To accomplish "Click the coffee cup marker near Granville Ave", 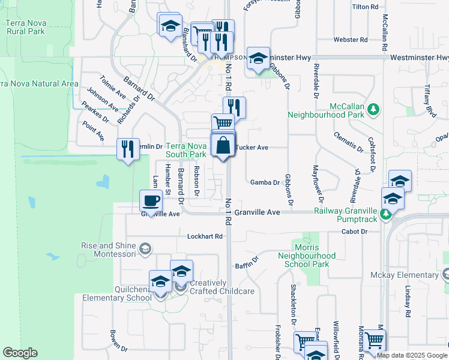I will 151,200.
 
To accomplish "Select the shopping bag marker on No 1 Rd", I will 223,145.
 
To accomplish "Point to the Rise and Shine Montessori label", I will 110,249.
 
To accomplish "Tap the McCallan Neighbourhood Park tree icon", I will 374,109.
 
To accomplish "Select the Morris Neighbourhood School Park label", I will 312,256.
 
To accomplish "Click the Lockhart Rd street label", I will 204,236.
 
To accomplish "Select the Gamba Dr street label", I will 265,182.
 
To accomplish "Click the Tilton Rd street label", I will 366,7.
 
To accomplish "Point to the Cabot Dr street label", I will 354,231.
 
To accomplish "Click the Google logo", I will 20,353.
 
